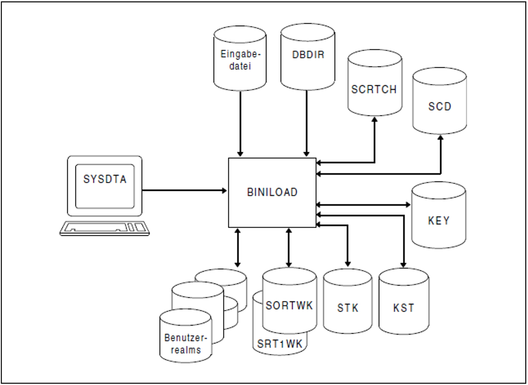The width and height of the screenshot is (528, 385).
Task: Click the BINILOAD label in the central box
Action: point(272,192)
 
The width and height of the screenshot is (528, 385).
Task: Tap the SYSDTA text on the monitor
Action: point(105,179)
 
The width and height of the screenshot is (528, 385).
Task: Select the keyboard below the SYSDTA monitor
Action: point(105,228)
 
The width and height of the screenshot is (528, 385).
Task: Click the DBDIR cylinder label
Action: point(308,55)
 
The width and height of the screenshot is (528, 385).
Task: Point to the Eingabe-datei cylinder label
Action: point(240,60)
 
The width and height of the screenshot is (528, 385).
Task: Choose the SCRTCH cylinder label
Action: point(374,89)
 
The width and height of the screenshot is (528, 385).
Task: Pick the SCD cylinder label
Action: point(440,106)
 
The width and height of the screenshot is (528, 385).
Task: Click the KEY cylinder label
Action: point(439,221)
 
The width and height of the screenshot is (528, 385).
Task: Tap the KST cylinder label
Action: point(403,308)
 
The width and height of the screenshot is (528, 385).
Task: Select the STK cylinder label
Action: point(348,308)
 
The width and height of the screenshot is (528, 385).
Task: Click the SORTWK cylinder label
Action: point(289,306)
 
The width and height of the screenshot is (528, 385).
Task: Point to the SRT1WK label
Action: point(280,344)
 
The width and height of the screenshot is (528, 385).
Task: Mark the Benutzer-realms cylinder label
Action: point(186,344)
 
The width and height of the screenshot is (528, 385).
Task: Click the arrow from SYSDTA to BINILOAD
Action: point(184,190)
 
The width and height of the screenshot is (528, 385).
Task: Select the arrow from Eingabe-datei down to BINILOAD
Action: point(240,124)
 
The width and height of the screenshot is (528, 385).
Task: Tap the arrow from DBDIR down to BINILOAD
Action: point(307,124)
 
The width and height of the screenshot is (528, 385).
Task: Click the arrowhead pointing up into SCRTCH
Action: point(375,120)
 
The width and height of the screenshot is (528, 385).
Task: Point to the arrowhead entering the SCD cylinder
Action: point(441,138)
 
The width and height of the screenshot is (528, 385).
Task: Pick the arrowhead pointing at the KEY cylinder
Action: point(408,204)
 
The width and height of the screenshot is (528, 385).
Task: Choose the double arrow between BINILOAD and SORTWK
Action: point(289,248)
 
